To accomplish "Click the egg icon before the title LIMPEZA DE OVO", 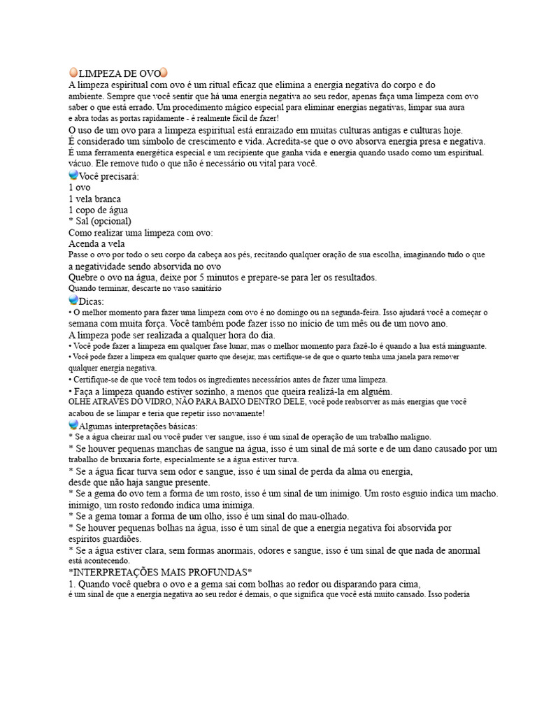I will tap(73, 73).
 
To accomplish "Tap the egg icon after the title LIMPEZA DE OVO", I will tap(164, 73).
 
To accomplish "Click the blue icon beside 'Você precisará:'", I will tap(73, 176).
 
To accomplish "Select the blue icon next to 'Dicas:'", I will tap(73, 299).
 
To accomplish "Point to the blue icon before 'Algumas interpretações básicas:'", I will tap(73, 425).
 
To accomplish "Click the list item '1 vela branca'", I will tap(95, 199).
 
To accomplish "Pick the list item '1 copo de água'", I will tap(98, 210).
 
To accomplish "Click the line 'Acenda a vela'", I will tap(96, 243).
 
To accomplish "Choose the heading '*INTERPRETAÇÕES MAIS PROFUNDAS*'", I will tap(160, 572).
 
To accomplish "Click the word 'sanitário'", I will tap(203, 288).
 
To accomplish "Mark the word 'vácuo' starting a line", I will tap(80, 164).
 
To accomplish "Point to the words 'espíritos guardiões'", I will tap(106, 539).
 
